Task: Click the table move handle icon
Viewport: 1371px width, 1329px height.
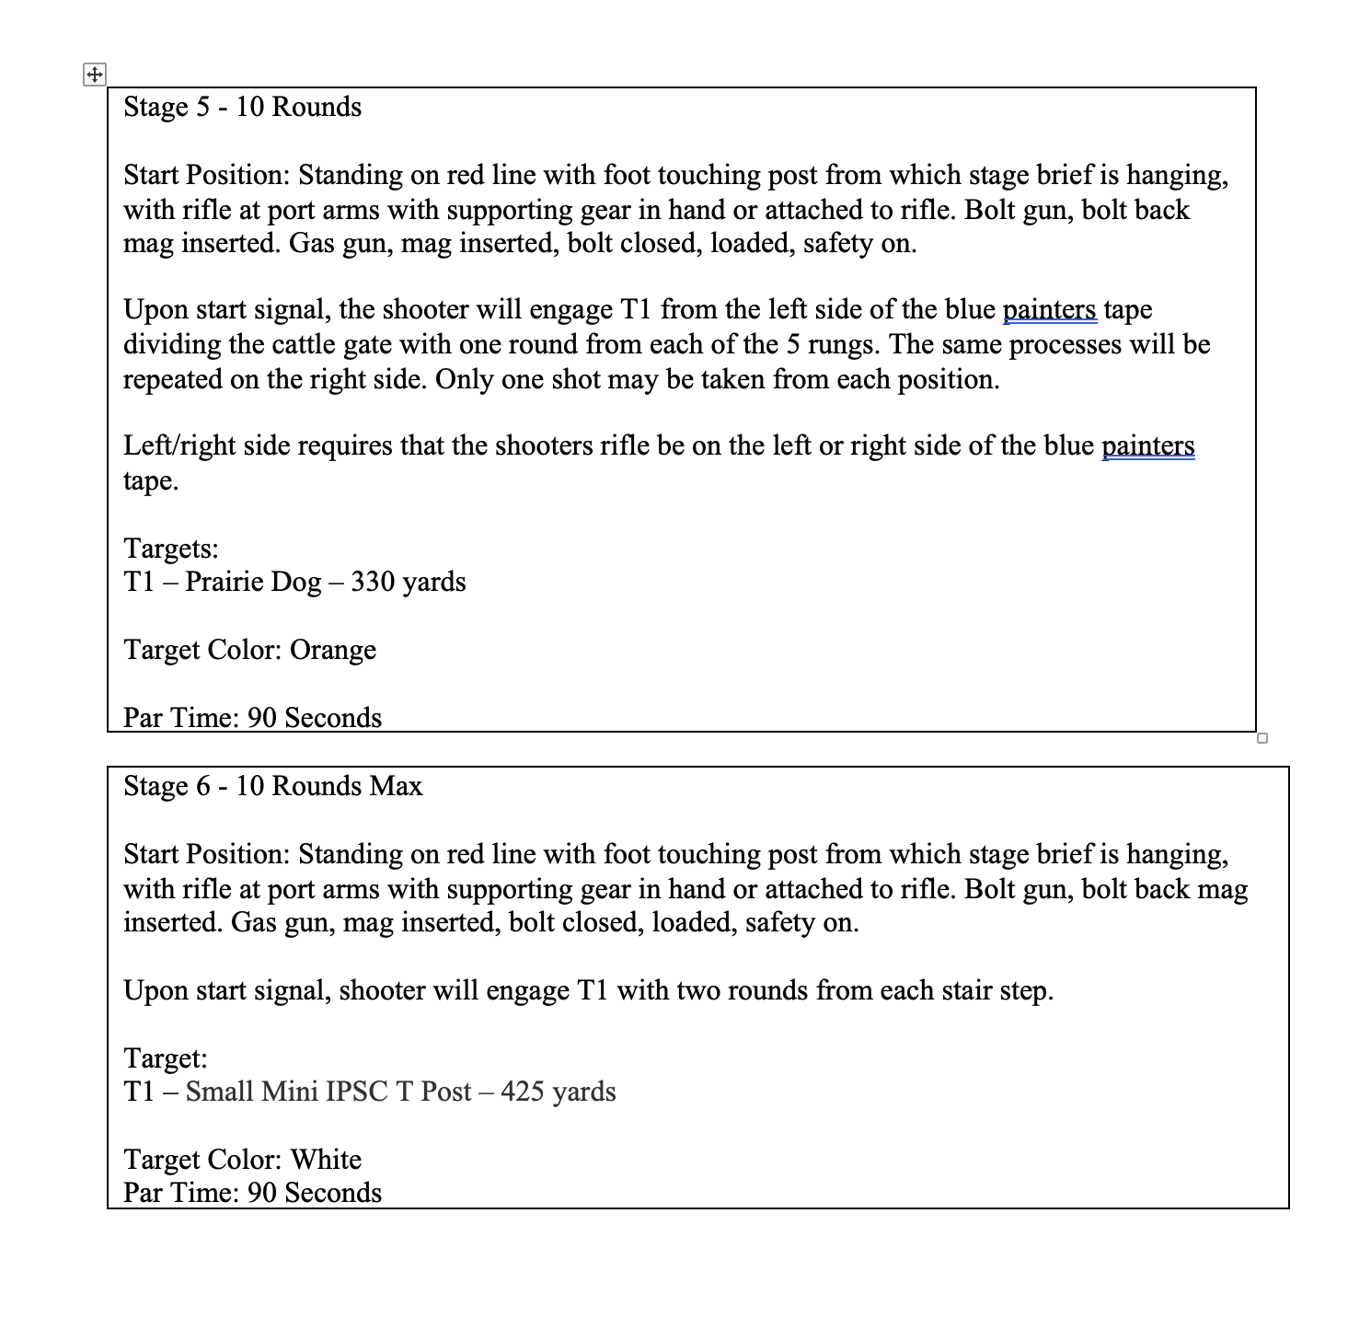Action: (94, 75)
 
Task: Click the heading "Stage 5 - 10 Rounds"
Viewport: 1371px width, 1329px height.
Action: (242, 107)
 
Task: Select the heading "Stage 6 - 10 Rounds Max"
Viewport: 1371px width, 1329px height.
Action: (272, 786)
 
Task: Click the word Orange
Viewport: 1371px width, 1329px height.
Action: (332, 650)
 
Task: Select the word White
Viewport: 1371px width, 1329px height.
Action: (326, 1160)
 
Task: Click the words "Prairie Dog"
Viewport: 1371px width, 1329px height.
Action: (253, 582)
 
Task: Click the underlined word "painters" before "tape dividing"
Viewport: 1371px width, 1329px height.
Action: (1049, 309)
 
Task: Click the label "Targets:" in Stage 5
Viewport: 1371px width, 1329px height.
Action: (171, 549)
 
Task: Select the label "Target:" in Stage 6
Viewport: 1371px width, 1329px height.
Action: (166, 1057)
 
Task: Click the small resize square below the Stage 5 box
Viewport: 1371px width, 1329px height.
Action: (1262, 738)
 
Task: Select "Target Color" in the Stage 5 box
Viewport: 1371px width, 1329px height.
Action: (202, 650)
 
